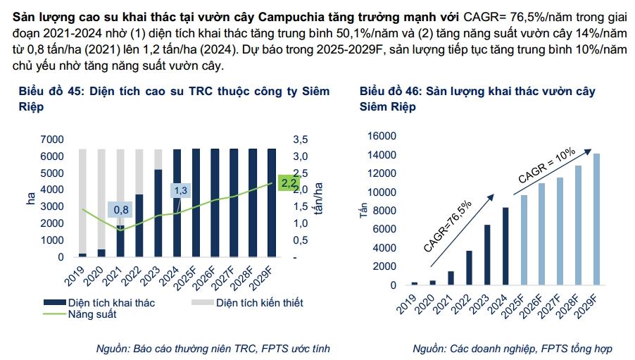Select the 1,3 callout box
(x=180, y=190)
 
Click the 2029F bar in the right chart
(x=596, y=219)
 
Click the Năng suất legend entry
(x=92, y=315)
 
